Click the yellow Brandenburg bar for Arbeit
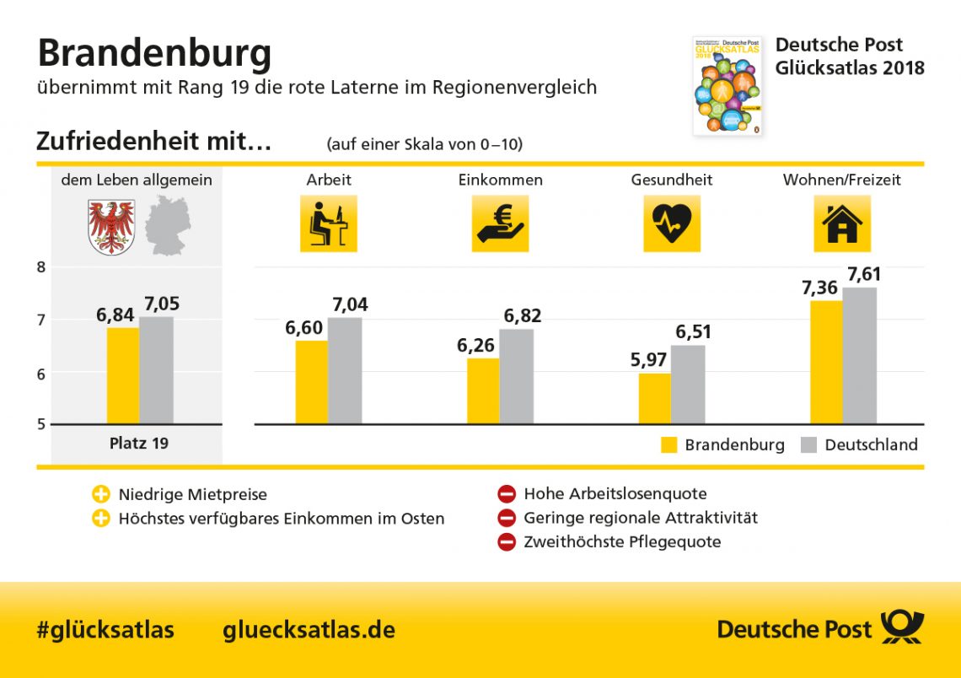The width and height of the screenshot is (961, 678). tap(311, 382)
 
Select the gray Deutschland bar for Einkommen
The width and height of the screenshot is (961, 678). tap(516, 376)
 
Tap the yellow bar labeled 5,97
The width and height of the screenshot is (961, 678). tap(655, 398)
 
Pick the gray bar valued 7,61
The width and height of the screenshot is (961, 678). tap(859, 355)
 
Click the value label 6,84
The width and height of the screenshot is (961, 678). tap(115, 315)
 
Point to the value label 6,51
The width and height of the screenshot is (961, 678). tap(693, 331)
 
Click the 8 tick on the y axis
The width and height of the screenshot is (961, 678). tap(40, 267)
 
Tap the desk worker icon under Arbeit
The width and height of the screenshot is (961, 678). tap(328, 223)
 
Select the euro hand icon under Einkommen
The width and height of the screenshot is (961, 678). tap(500, 223)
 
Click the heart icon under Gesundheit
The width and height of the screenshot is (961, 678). tap(671, 223)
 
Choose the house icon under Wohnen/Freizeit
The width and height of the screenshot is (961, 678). tap(841, 223)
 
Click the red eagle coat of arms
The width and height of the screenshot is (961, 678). tap(111, 226)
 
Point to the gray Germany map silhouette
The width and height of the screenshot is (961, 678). tap(167, 225)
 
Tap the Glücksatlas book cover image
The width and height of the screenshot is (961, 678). tap(727, 85)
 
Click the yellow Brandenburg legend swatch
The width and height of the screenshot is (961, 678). tap(669, 445)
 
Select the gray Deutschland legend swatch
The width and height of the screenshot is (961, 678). tap(809, 445)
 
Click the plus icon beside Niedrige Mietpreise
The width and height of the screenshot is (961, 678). tap(101, 494)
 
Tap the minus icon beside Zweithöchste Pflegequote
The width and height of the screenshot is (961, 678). tap(506, 542)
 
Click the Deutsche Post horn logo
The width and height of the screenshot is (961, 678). tap(902, 628)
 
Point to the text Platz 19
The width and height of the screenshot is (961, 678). tap(139, 443)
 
